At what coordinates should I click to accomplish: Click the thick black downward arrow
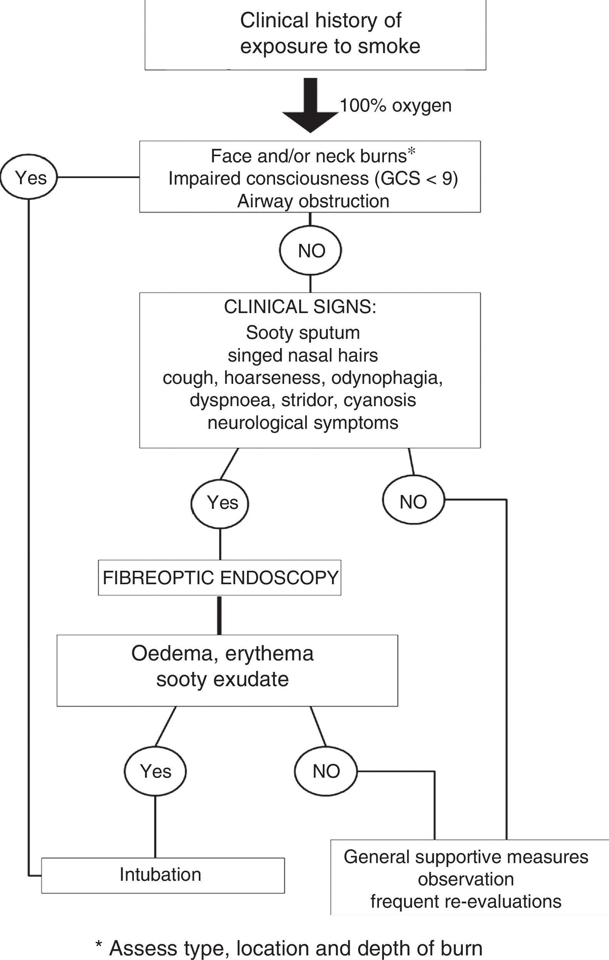[310, 106]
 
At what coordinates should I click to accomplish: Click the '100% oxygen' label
[395, 106]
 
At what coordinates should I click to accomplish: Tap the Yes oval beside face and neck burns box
[29, 177]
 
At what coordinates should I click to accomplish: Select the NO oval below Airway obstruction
[311, 250]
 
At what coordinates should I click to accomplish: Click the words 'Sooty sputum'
[303, 332]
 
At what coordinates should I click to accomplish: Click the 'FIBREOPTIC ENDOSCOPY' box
[220, 577]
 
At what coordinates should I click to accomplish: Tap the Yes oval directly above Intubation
[155, 771]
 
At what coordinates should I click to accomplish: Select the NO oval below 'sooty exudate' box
[326, 771]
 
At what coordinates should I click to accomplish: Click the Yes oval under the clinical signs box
[220, 502]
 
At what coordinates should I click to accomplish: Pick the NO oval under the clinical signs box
[413, 502]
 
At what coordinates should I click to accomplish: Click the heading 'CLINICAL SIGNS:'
[300, 307]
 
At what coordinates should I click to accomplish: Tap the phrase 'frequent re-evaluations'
[466, 902]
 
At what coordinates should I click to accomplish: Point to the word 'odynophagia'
[387, 378]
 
